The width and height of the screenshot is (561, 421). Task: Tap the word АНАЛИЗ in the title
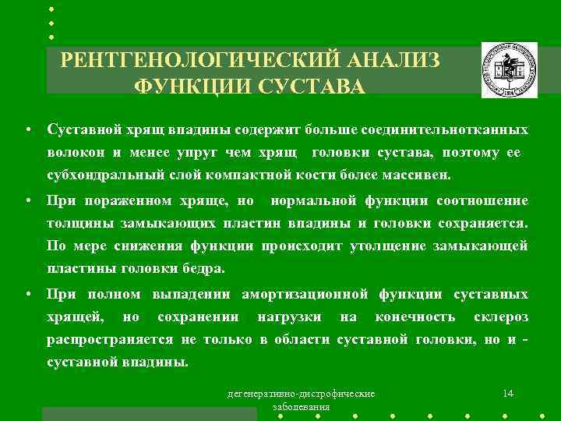coord(389,61)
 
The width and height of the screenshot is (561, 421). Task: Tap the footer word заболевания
coord(301,407)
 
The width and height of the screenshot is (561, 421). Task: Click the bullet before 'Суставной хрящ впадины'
coord(27,128)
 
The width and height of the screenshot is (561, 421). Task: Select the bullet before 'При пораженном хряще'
coord(27,201)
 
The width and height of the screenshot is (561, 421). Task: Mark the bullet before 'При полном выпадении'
coord(27,295)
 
